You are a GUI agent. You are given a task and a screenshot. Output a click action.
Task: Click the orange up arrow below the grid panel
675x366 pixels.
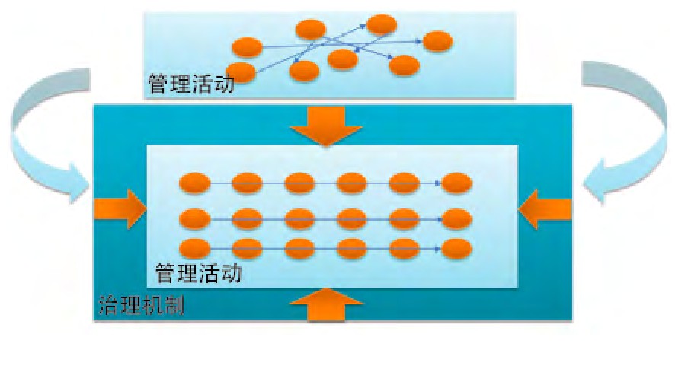[x=327, y=305]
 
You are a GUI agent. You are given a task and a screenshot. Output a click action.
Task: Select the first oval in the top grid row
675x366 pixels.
[x=194, y=183]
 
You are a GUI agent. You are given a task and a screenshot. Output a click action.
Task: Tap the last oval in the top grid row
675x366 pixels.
[x=457, y=183]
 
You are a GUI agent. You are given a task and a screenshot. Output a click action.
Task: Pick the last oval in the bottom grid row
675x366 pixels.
[x=457, y=248]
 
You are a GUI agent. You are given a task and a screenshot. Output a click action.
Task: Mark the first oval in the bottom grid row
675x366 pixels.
[x=194, y=248]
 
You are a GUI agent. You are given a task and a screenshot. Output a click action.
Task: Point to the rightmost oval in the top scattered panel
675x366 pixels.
[x=437, y=42]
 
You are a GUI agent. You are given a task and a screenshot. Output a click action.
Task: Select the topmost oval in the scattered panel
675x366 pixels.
[x=380, y=24]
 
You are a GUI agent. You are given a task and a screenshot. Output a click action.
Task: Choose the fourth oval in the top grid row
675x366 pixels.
[x=352, y=183]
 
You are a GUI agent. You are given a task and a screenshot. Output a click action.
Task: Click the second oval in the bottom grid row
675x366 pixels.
[x=247, y=248]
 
